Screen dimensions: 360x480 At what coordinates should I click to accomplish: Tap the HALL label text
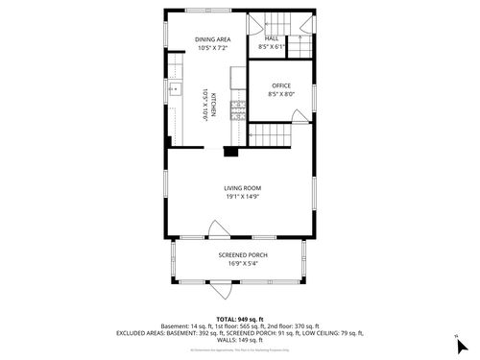pyautogui.click(x=273, y=38)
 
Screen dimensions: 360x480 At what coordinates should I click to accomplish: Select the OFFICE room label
pyautogui.click(x=280, y=85)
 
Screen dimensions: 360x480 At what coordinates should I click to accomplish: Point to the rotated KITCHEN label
pyautogui.click(x=213, y=104)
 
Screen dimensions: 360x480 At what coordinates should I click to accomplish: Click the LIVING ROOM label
pyautogui.click(x=243, y=188)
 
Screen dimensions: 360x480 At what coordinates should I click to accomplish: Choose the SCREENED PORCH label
pyautogui.click(x=242, y=254)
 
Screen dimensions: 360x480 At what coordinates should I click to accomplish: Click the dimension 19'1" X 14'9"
pyautogui.click(x=243, y=198)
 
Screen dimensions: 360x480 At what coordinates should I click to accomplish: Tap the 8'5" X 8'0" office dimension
pyautogui.click(x=280, y=94)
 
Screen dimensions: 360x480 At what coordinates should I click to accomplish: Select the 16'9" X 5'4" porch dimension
pyautogui.click(x=242, y=263)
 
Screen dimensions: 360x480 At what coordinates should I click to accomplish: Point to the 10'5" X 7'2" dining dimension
pyautogui.click(x=213, y=48)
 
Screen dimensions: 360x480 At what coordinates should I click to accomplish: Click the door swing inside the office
pyautogui.click(x=300, y=116)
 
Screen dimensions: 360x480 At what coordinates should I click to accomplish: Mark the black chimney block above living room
pyautogui.click(x=230, y=150)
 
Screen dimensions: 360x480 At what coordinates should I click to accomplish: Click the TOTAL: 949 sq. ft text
pyautogui.click(x=240, y=318)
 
